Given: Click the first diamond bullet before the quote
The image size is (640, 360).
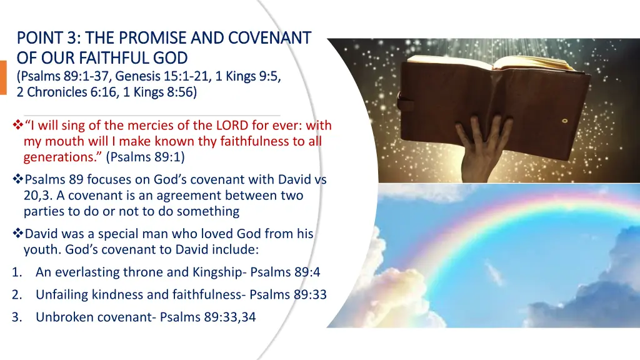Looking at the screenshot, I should click(17, 126).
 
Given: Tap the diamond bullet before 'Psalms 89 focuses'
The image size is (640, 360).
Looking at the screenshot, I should click(17, 180).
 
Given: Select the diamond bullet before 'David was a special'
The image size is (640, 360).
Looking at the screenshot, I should click(17, 234).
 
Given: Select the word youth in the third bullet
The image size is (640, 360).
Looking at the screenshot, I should click(39, 249).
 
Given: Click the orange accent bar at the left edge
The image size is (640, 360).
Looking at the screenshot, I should click(3, 77).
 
